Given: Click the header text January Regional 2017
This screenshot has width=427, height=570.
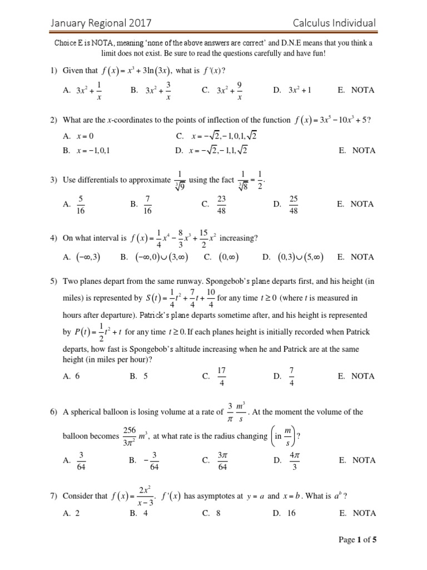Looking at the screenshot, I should pyautogui.click(x=101, y=23).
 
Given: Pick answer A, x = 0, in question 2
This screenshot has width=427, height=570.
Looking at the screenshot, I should pyautogui.click(x=78, y=135).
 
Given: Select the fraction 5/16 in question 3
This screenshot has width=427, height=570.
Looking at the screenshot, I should pyautogui.click(x=81, y=204).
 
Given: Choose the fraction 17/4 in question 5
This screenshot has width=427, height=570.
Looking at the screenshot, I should pyautogui.click(x=222, y=376).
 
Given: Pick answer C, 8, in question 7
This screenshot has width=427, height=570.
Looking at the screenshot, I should pyautogui.click(x=212, y=514).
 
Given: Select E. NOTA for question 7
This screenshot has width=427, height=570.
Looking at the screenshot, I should pyautogui.click(x=356, y=514).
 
